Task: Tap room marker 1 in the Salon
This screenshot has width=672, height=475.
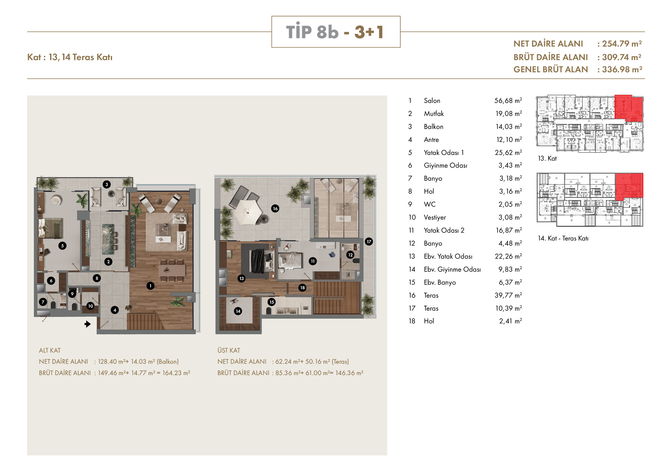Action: point(150,286)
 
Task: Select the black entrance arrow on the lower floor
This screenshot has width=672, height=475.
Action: point(88,324)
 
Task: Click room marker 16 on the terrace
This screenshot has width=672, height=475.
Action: point(275,209)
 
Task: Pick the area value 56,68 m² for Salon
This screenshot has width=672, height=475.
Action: point(508,101)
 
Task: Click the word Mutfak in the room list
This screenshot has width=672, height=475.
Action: point(434,113)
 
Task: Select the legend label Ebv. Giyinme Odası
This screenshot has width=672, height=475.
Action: point(452,269)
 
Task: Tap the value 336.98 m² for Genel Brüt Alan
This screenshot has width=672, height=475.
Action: point(622,69)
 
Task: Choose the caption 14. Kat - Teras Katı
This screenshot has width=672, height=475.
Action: point(563,238)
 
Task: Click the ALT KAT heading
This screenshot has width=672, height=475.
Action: point(50,350)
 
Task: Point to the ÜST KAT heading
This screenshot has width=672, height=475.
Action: point(229,350)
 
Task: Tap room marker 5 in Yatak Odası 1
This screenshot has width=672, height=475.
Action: point(62,246)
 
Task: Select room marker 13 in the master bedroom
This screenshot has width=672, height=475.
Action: point(241,278)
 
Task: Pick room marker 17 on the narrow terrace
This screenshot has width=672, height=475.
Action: point(369,242)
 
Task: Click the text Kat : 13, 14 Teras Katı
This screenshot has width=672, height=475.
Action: point(70,57)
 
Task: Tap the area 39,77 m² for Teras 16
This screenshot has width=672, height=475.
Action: point(508,295)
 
